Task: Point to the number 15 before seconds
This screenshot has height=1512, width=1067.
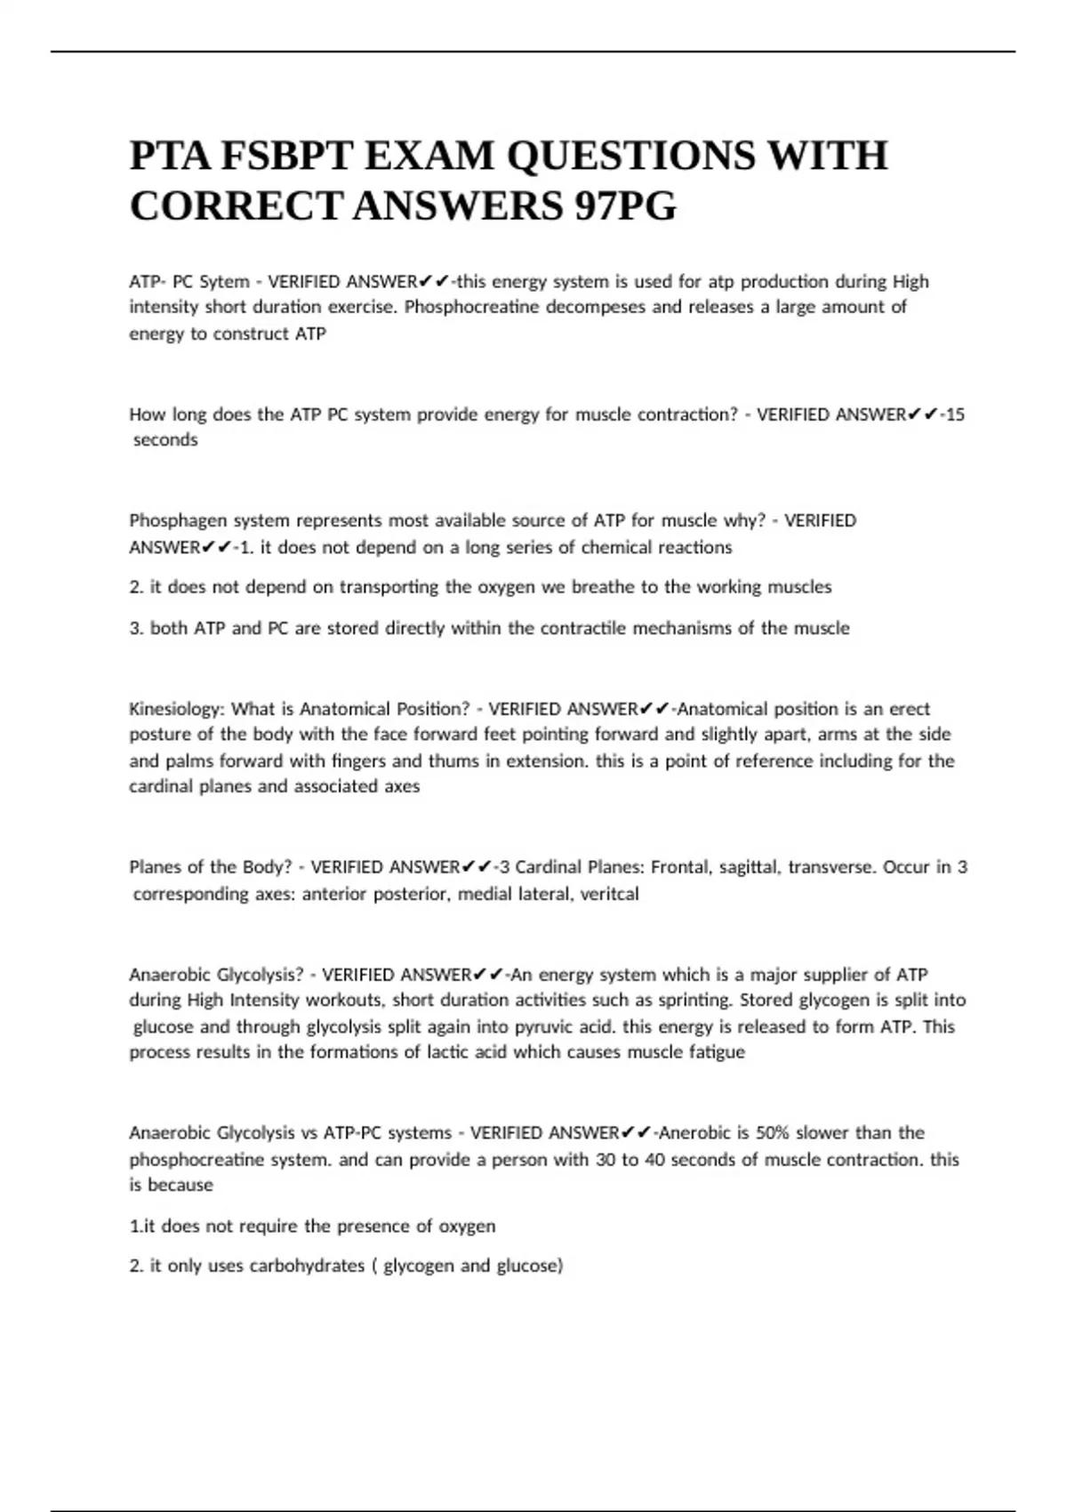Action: pyautogui.click(x=955, y=414)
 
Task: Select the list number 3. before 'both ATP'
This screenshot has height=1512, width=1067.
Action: pyautogui.click(x=136, y=628)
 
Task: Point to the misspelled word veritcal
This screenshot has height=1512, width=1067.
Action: pyautogui.click(x=609, y=894)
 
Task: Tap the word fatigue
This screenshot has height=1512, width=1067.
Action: pyautogui.click(x=717, y=1052)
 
